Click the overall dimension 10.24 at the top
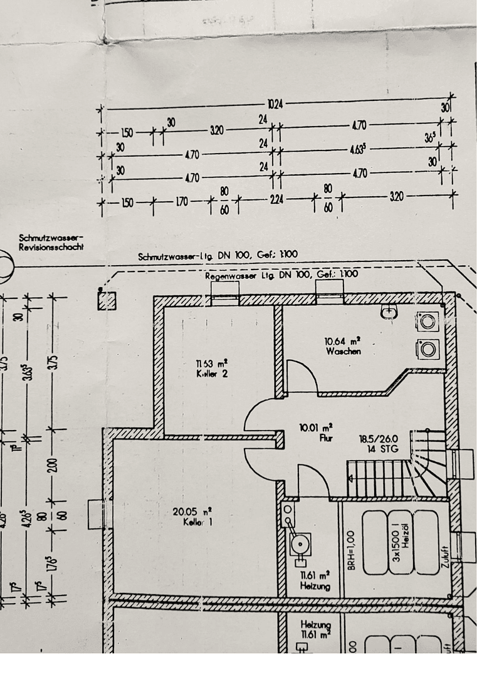click(275, 104)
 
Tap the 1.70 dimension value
click(182, 202)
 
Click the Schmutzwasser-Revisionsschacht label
click(51, 242)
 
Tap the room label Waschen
click(343, 352)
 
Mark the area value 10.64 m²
click(342, 342)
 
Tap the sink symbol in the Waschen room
click(389, 312)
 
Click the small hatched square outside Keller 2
click(107, 300)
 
